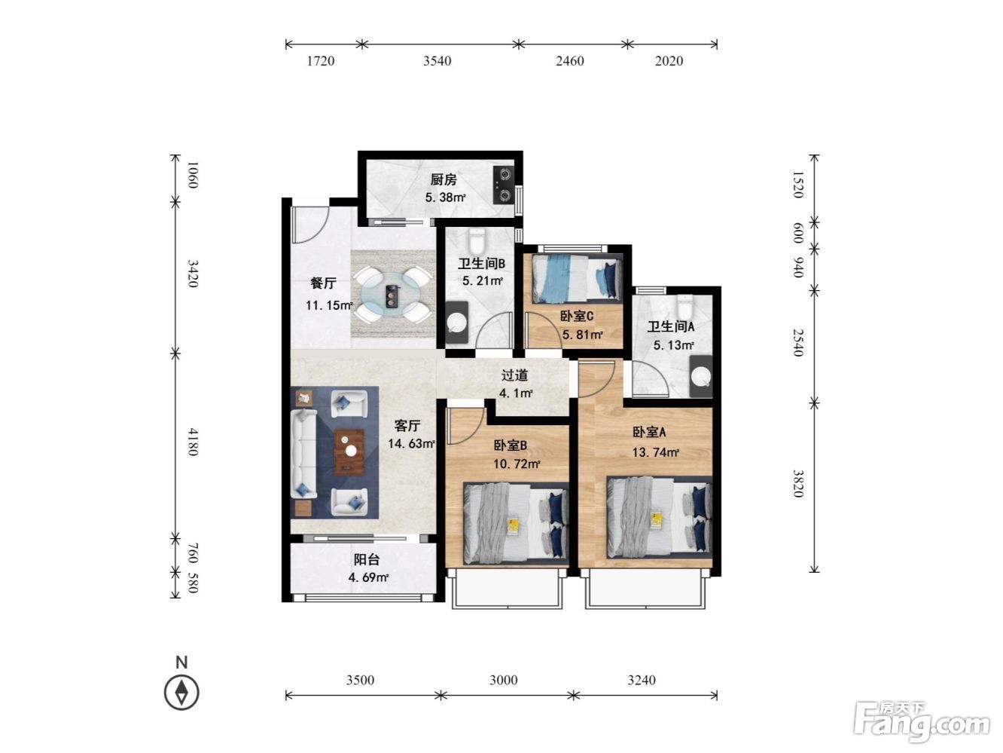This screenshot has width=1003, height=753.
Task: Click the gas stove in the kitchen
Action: point(503,185)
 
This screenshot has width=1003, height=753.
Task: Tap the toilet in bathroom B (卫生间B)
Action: point(477,241)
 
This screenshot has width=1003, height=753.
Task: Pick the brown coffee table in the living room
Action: point(349,451)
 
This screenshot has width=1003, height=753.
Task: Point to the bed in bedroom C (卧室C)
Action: point(577,278)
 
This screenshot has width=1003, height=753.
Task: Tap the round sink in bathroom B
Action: point(456,323)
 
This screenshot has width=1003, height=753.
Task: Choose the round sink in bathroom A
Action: point(701,377)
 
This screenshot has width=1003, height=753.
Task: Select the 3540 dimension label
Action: point(437,61)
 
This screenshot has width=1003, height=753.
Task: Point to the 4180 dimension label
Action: point(193,442)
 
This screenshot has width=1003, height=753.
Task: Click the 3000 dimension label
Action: point(504,680)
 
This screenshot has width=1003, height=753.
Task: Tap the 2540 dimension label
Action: point(798,342)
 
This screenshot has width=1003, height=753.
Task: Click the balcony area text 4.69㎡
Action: point(368,577)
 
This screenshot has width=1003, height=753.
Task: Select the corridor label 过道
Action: point(514,375)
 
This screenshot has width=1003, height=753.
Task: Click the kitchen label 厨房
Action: point(444,179)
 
